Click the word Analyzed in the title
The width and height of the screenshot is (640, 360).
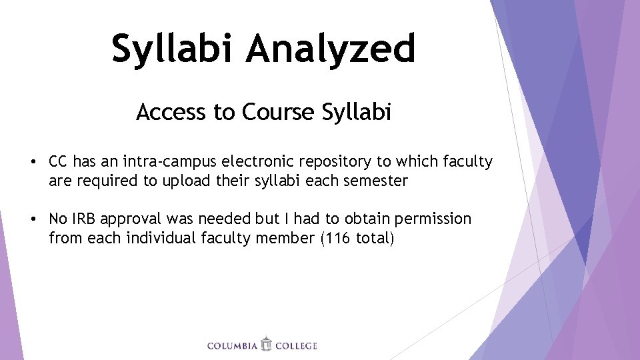(x=331, y=48)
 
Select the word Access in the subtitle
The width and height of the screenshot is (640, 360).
(x=171, y=112)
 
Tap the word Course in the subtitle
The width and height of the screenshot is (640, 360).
(x=278, y=112)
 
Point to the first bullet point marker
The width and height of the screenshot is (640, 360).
(x=32, y=161)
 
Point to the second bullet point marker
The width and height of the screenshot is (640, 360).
(x=32, y=219)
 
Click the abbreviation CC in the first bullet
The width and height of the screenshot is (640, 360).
(x=59, y=161)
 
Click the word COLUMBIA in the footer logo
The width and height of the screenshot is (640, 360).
(x=232, y=346)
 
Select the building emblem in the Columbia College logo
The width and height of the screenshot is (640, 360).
(x=266, y=344)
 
